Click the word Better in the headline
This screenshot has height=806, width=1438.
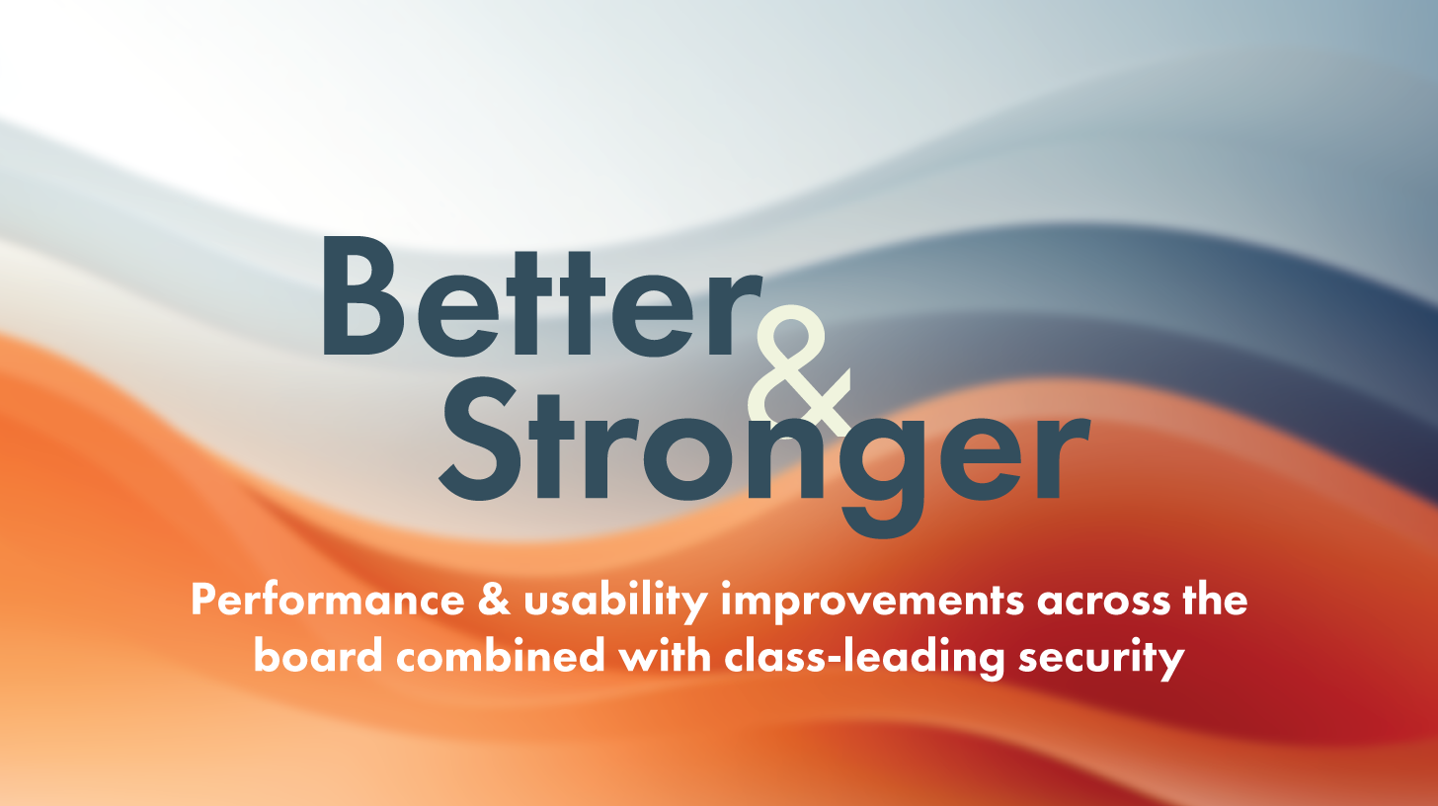tap(542, 296)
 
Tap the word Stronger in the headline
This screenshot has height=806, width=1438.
tap(764, 456)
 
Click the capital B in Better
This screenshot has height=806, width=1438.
tap(363, 295)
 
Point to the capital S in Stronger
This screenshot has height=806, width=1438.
tap(480, 439)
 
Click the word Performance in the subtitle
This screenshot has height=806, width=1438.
tap(328, 601)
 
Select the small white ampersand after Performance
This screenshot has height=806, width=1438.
tap(494, 600)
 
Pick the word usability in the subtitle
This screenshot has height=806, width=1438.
tap(615, 601)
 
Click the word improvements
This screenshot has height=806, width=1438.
tap(872, 601)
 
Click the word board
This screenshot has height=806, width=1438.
tap(318, 655)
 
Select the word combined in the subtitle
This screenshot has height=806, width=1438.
tap(501, 655)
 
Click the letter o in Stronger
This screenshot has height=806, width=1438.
tap(688, 458)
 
